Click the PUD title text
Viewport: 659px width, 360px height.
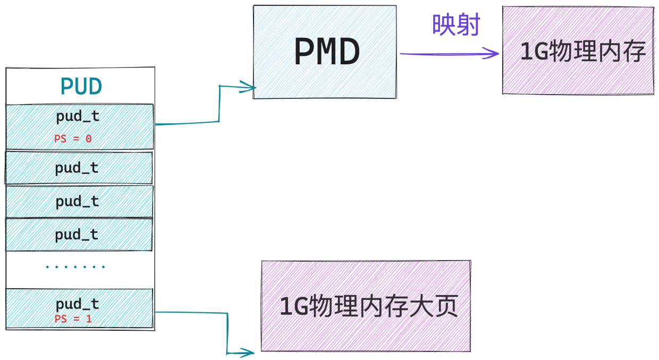tap(81, 86)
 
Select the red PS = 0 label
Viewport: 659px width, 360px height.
tap(73, 139)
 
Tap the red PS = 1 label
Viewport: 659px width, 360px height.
tap(73, 319)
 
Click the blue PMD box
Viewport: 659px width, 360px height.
tap(325, 52)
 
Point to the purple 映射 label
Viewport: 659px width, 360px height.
tap(456, 24)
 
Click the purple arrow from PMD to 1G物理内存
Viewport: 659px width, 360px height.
tap(449, 54)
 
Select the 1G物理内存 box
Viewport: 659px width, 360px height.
tap(578, 51)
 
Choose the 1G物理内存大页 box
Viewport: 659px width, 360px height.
tap(366, 306)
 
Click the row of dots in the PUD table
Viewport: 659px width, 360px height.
tap(75, 267)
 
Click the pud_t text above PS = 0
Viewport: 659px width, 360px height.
tap(78, 116)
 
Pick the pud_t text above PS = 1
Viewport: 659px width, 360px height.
tap(78, 304)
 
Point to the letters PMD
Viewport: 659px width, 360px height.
tap(327, 52)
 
